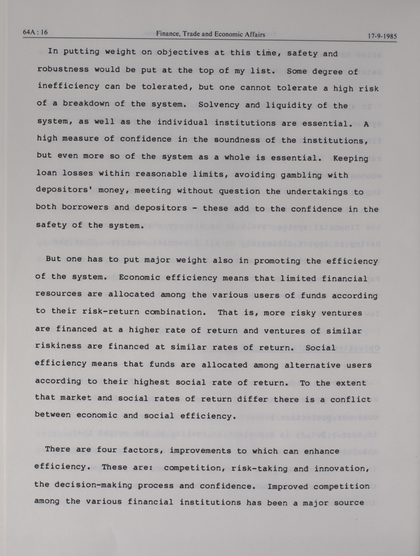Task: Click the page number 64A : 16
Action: click(35, 32)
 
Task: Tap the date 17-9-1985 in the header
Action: click(382, 36)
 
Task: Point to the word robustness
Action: click(63, 69)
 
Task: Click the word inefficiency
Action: click(69, 86)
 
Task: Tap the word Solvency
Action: click(219, 105)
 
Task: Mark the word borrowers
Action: click(85, 207)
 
